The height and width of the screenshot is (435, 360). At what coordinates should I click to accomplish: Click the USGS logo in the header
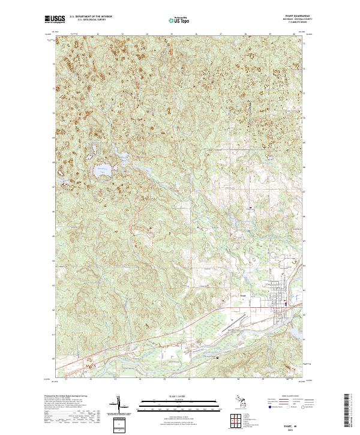click(55, 19)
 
